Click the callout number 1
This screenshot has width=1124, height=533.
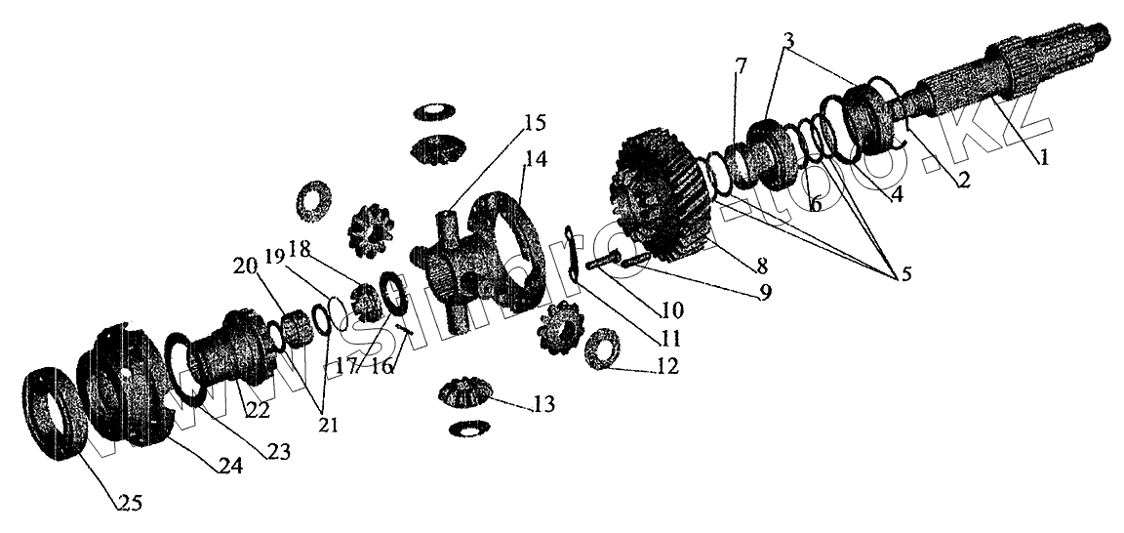click(1043, 156)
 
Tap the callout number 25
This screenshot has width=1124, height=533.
click(129, 504)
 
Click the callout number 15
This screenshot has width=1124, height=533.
click(534, 123)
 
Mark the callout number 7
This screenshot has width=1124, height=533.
click(741, 66)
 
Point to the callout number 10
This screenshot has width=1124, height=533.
click(671, 310)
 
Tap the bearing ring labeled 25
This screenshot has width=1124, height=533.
click(55, 411)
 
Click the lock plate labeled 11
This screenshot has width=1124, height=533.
click(574, 255)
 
